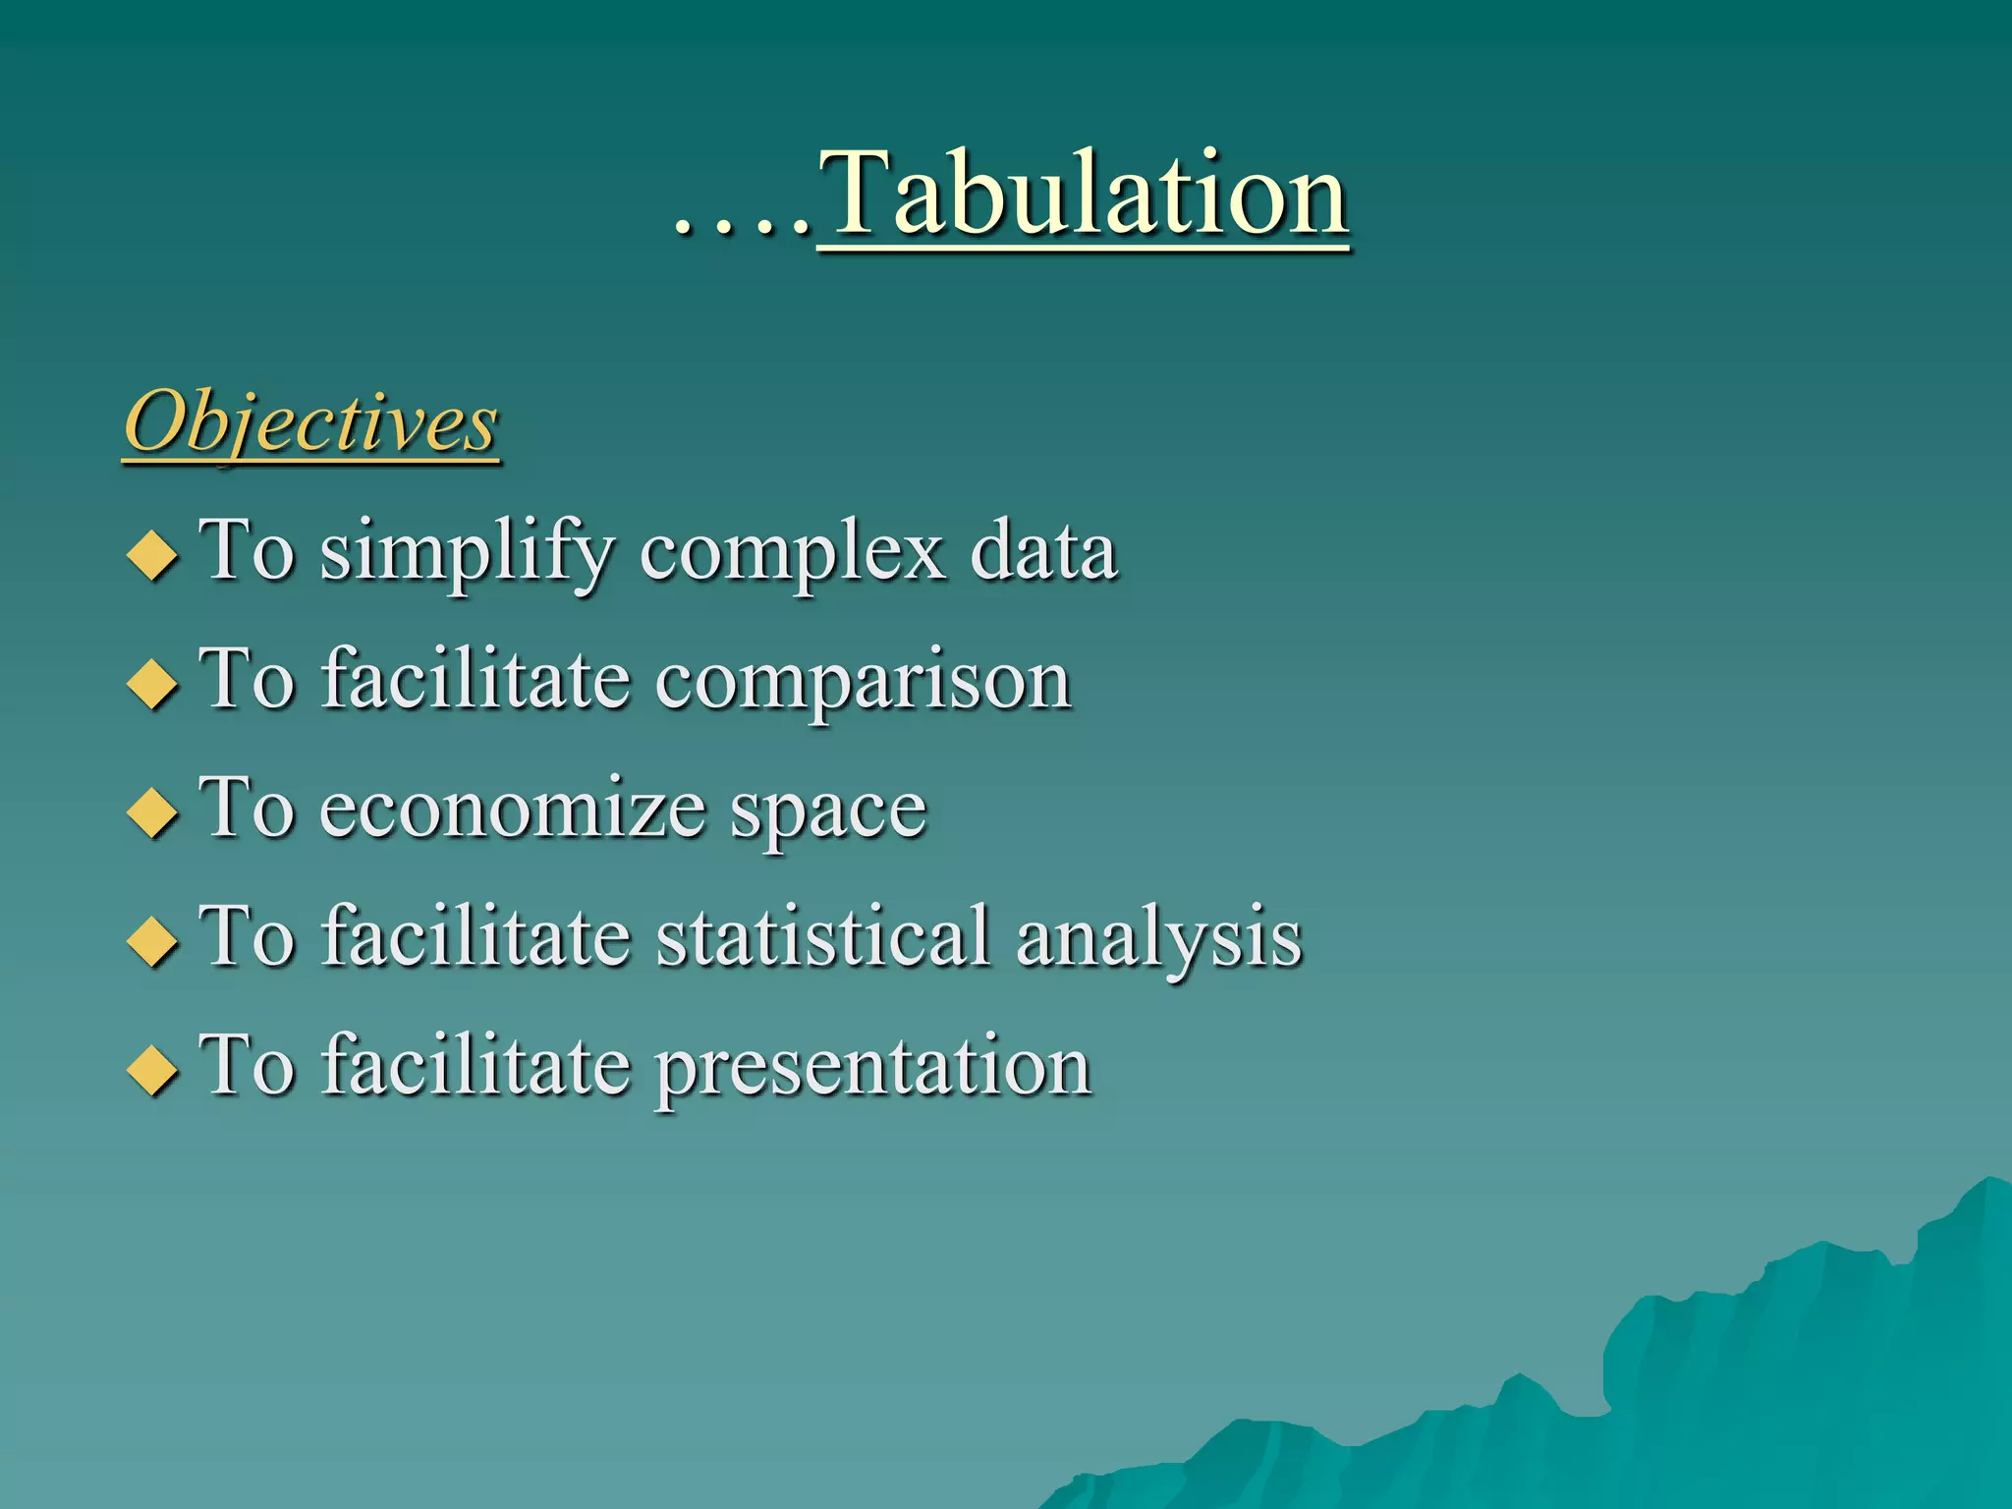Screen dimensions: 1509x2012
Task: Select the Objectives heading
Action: pyautogui.click(x=311, y=422)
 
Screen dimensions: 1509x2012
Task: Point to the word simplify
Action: pyautogui.click(x=468, y=553)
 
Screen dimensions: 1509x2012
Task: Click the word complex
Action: pyautogui.click(x=794, y=553)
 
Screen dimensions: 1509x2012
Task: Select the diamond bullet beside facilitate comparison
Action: pyautogui.click(x=152, y=684)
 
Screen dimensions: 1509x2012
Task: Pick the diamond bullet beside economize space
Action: pyautogui.click(x=152, y=812)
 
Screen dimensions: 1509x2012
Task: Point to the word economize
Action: pyautogui.click(x=512, y=810)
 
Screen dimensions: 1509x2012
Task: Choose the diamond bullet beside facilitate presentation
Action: pyautogui.click(x=152, y=1070)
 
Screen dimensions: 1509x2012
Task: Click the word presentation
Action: pyautogui.click(x=873, y=1069)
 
